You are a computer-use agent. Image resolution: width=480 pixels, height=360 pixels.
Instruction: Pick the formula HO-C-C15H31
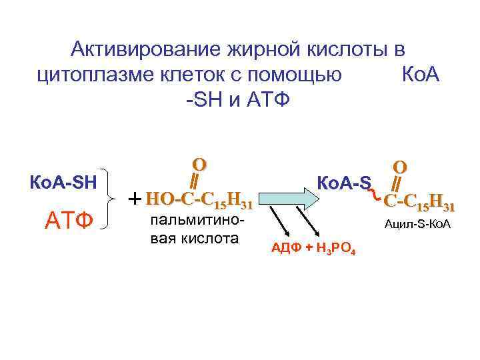click(199, 199)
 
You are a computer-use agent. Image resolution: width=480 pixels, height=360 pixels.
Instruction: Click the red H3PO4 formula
click(333, 250)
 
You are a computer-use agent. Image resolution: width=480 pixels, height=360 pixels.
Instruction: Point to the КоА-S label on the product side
click(343, 181)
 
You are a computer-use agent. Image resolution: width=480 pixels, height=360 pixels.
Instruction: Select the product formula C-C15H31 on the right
click(419, 199)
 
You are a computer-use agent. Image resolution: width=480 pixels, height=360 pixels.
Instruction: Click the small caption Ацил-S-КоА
click(417, 224)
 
